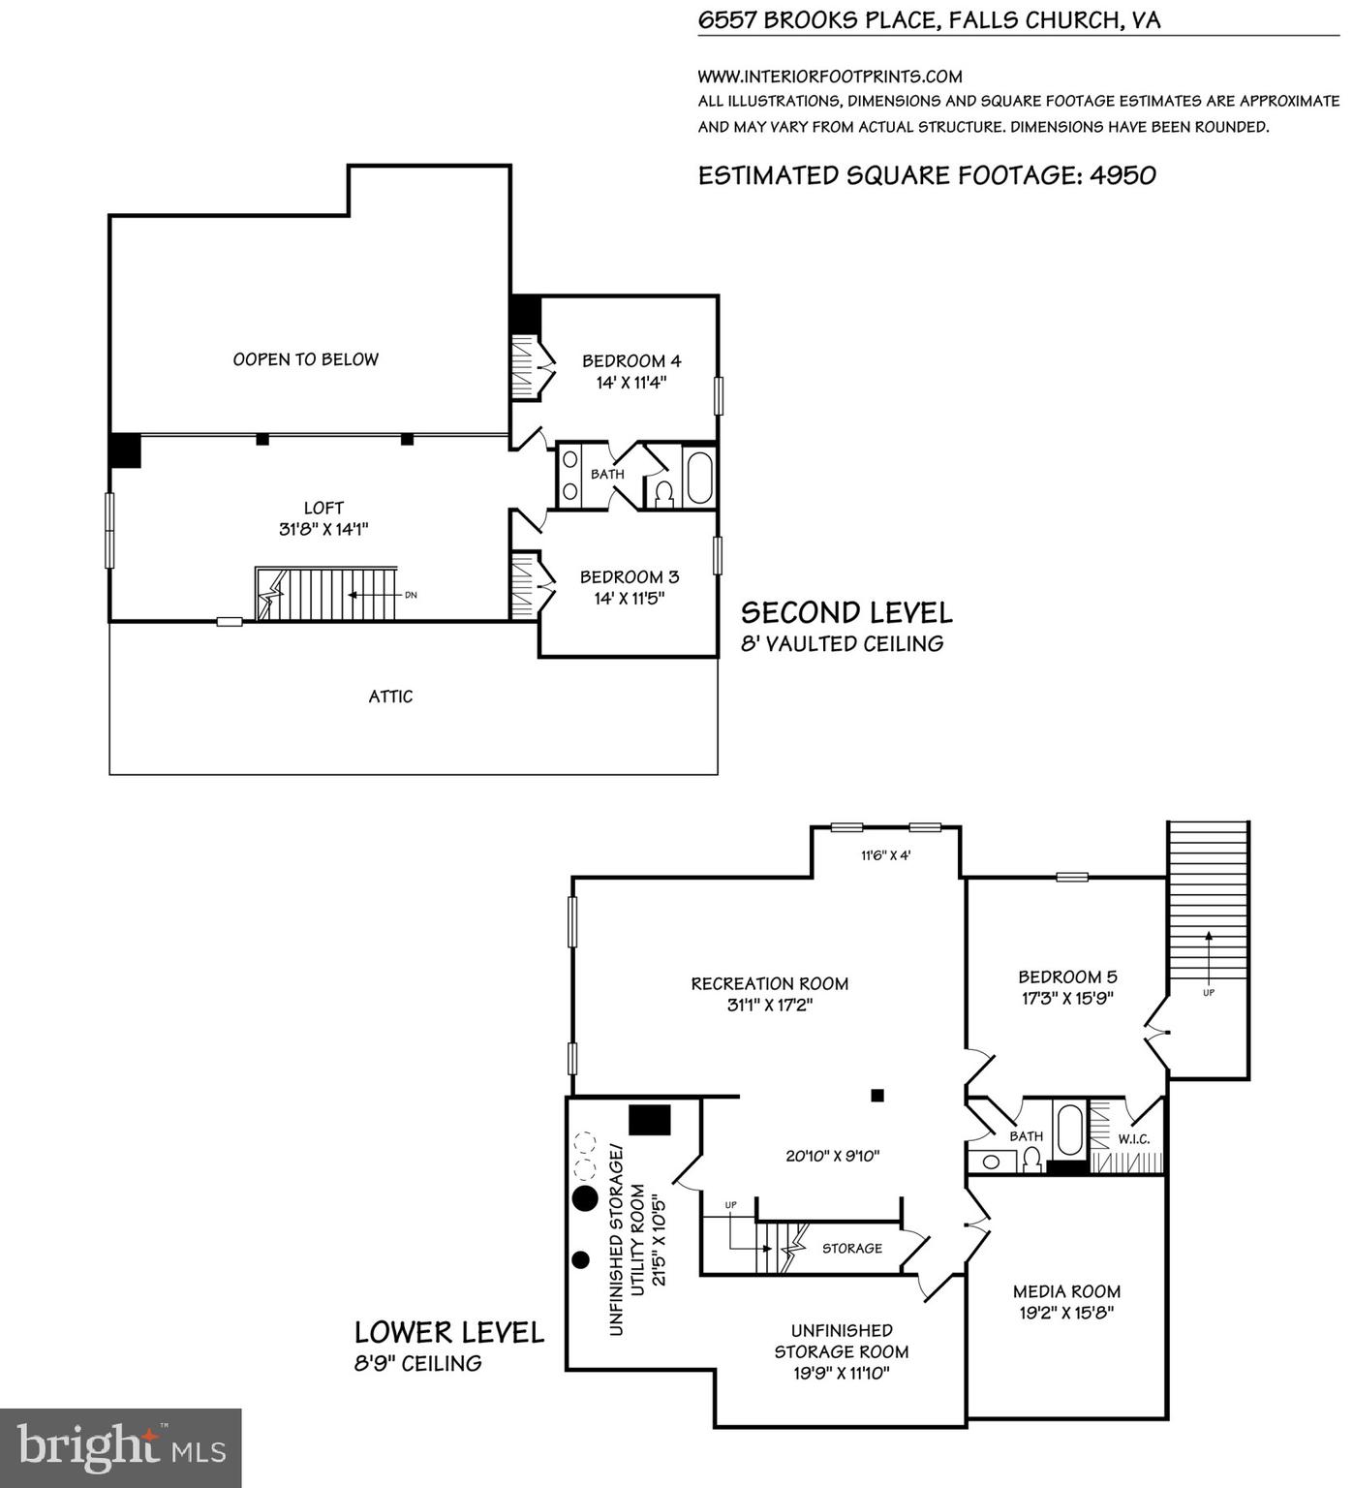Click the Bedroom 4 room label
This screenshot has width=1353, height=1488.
click(630, 361)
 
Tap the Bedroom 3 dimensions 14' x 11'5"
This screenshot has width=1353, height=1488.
click(629, 599)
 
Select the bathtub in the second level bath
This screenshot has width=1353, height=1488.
click(698, 476)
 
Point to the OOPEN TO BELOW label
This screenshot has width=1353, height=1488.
click(305, 359)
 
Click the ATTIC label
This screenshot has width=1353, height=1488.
click(390, 697)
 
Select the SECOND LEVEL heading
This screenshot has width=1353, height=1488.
click(846, 612)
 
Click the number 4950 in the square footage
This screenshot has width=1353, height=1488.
click(1122, 175)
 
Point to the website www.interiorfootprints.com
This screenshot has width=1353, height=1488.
click(830, 77)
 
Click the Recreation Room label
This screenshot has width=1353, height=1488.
click(769, 983)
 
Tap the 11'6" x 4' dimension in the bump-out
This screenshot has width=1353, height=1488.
click(885, 855)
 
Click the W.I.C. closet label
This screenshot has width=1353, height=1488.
click(1133, 1139)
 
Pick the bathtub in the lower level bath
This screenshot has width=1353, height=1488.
click(1069, 1130)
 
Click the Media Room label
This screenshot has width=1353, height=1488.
click(1066, 1291)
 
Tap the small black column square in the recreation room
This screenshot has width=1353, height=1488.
click(877, 1096)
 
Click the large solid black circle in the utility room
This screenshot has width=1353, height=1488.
click(585, 1198)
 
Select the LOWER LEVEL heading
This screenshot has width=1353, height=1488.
click(448, 1332)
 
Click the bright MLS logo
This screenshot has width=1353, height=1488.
click(121, 1447)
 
